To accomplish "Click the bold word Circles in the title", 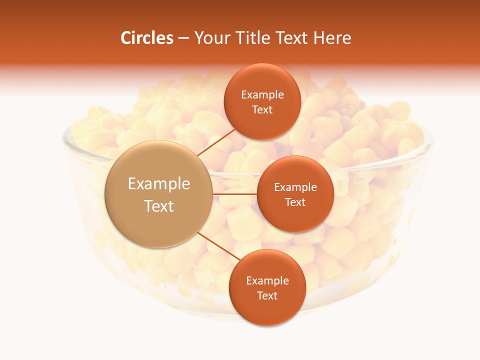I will tap(146, 38).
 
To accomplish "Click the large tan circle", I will tap(159, 194).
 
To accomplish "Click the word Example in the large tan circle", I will tap(159, 184).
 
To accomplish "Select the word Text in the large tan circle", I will tap(159, 206).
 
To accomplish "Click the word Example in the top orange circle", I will tap(262, 95).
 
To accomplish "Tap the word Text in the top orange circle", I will tap(262, 110).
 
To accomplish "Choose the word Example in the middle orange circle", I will tap(295, 187).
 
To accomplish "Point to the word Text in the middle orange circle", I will tap(295, 202).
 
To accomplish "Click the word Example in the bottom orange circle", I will tap(267, 281).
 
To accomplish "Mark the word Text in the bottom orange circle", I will tap(267, 296).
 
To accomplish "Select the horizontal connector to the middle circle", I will tap(234, 194).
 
